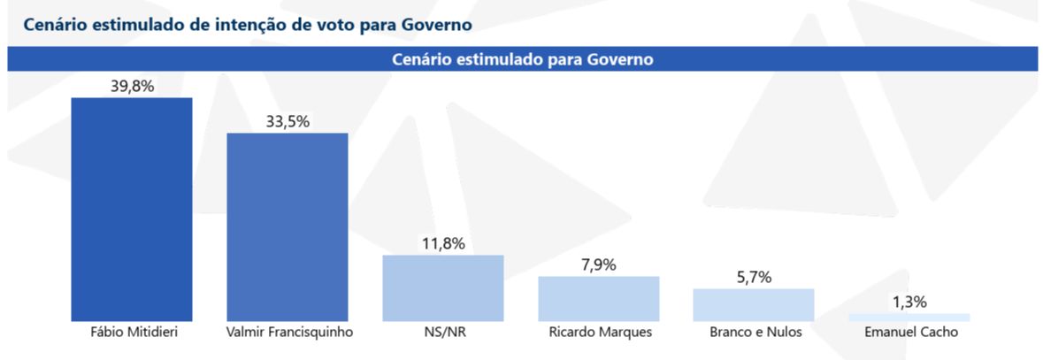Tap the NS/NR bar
click(x=443, y=287)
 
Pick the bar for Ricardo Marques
click(x=599, y=298)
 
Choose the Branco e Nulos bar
click(x=754, y=304)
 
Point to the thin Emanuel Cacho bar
click(x=909, y=317)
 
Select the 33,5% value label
click(x=288, y=121)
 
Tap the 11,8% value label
click(x=443, y=243)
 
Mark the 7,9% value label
click(x=599, y=264)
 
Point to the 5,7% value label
click(x=754, y=277)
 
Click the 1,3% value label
click(x=909, y=302)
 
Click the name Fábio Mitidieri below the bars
click(x=131, y=333)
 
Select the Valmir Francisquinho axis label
click(x=288, y=333)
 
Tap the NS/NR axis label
click(x=443, y=333)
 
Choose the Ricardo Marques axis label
click(x=599, y=333)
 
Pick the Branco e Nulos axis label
click(x=754, y=333)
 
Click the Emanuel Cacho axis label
click(x=909, y=333)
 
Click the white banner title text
click(x=522, y=59)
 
